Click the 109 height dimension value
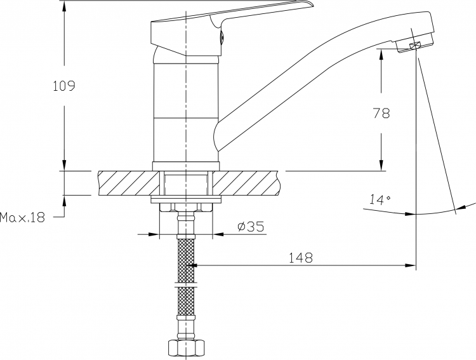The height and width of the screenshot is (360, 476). (64, 86)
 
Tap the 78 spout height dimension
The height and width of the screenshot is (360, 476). (381, 113)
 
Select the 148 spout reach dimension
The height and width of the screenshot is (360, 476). (300, 258)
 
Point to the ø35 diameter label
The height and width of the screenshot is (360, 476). (251, 227)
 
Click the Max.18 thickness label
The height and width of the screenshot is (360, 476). (22, 218)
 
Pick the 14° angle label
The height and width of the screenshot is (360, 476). (380, 199)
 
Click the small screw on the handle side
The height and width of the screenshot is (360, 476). (221, 37)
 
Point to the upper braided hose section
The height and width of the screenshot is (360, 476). (186, 260)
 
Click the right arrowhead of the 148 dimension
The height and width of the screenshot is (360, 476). (411, 265)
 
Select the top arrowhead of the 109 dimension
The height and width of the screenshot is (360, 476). (64, 7)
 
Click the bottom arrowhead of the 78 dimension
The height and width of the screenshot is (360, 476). (381, 165)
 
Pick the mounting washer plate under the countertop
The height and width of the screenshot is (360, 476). (186, 199)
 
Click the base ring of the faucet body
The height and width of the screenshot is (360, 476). (186, 166)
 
